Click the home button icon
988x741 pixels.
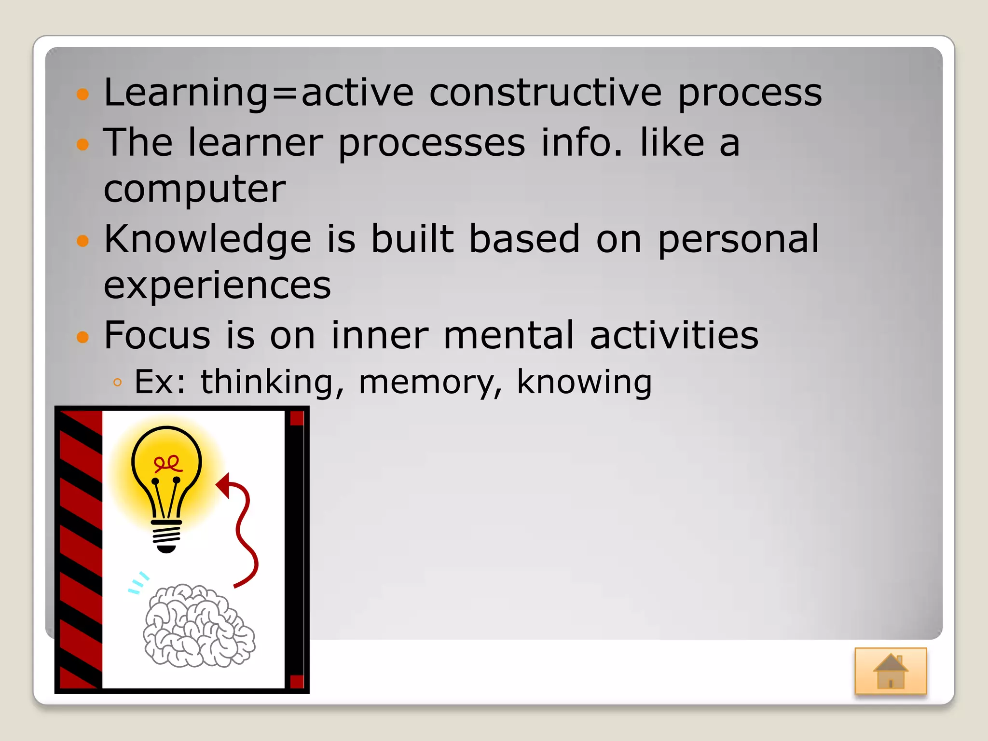(x=891, y=671)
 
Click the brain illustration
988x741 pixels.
(x=199, y=626)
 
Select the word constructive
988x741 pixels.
(x=545, y=92)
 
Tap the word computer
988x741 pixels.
(x=194, y=190)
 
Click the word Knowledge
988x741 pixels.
(x=207, y=239)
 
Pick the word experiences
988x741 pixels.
(x=217, y=285)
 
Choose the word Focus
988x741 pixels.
(x=157, y=335)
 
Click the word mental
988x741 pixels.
(x=508, y=335)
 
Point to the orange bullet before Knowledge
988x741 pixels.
(x=83, y=240)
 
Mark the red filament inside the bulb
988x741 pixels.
(x=167, y=464)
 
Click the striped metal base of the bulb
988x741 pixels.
(x=166, y=535)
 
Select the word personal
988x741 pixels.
(x=738, y=239)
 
